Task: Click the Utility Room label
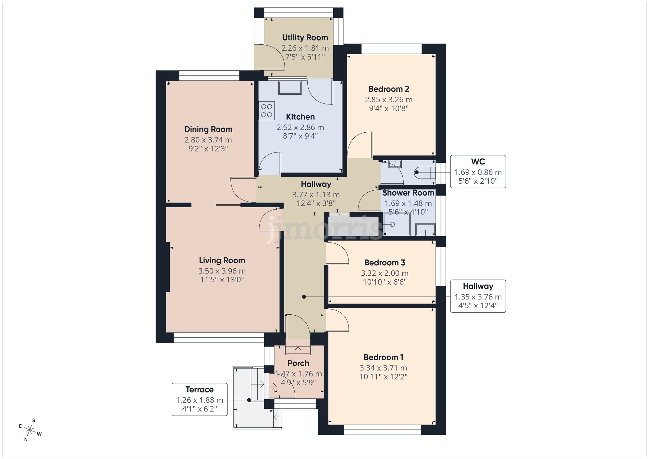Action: point(305,38)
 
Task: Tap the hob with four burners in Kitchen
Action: point(267,111)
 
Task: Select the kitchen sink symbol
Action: point(290,87)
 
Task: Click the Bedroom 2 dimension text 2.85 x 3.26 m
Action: point(388,100)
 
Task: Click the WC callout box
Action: point(478,172)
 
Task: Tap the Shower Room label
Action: point(408,193)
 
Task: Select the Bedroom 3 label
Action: point(385,262)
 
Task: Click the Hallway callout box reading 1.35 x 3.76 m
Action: point(478,296)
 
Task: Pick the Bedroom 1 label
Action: point(383,357)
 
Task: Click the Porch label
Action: point(298,363)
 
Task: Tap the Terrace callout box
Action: point(199,399)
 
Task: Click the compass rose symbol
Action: point(30,430)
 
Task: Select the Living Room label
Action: point(222,260)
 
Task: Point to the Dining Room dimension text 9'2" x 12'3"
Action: point(208,149)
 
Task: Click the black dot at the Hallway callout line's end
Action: point(304,297)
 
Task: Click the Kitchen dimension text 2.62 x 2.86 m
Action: point(300,127)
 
